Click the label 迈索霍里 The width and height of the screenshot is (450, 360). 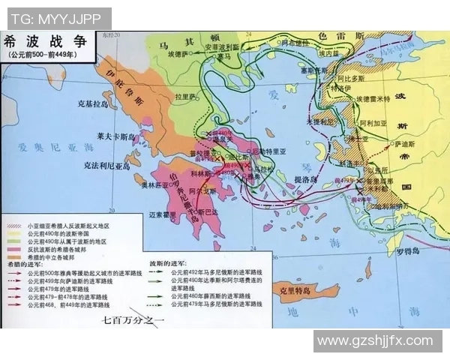tap(164, 214)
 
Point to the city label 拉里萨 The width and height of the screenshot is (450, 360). tap(185, 96)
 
